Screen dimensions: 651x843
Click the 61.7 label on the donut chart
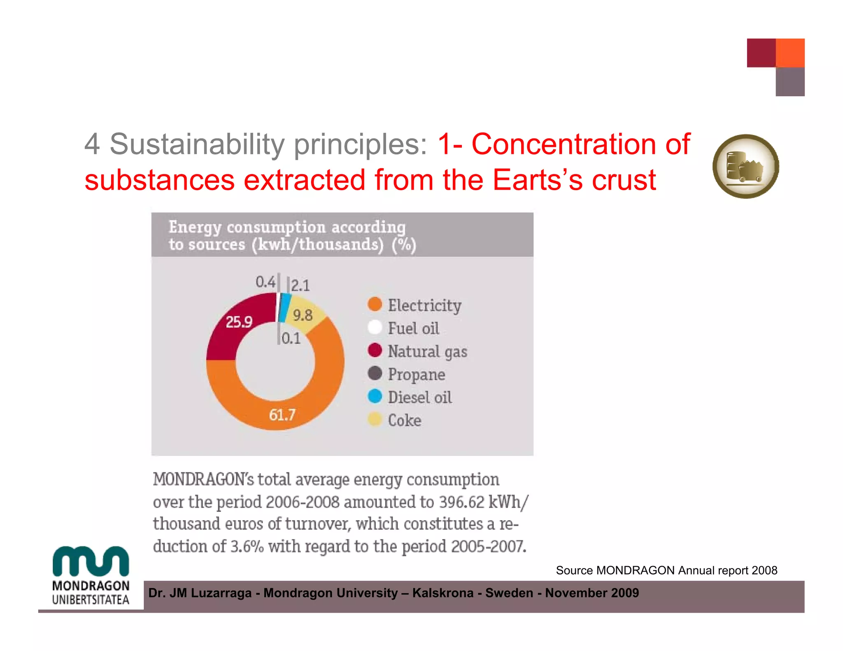coord(282,414)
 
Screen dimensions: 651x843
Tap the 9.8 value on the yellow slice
coord(303,316)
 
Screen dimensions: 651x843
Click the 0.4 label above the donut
coord(265,282)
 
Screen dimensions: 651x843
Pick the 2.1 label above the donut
coord(300,285)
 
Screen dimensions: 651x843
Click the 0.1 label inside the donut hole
coord(291,338)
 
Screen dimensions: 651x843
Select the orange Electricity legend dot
coord(375,305)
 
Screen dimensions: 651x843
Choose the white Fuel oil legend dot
coord(375,328)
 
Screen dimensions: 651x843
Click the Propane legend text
coord(416,374)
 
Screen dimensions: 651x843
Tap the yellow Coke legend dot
coord(375,420)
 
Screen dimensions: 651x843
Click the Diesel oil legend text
coord(419,397)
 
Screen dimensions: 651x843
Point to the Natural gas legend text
coord(427,351)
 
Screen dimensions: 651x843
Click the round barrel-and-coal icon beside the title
coord(745,166)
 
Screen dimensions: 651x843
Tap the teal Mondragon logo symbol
coord(91,561)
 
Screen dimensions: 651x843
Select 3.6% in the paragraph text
coord(247,546)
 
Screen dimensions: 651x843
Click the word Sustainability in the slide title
coord(197,144)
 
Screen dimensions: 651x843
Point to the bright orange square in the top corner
coord(790,53)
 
